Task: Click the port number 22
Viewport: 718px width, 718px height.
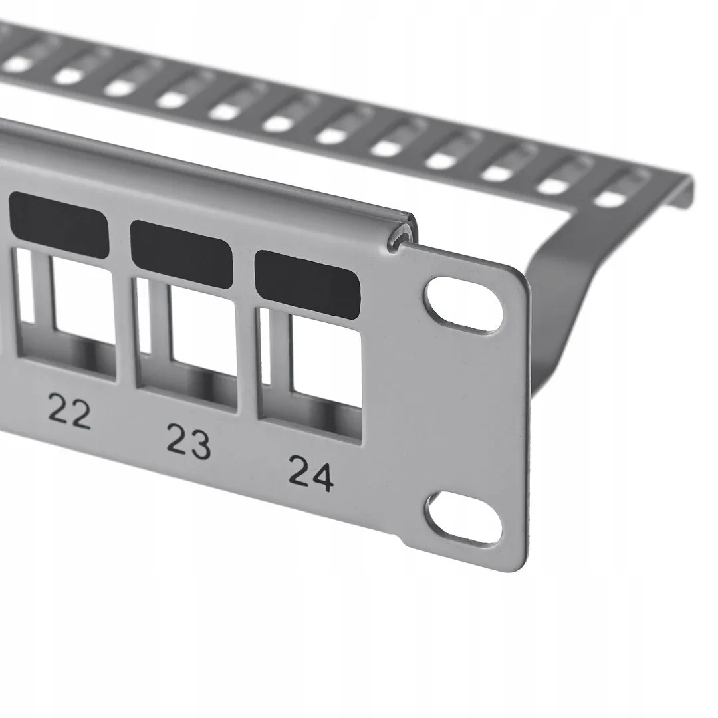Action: (x=70, y=414)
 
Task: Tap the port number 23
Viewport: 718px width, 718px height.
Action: (x=188, y=442)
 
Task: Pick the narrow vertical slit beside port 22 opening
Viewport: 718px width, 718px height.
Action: (x=24, y=286)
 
